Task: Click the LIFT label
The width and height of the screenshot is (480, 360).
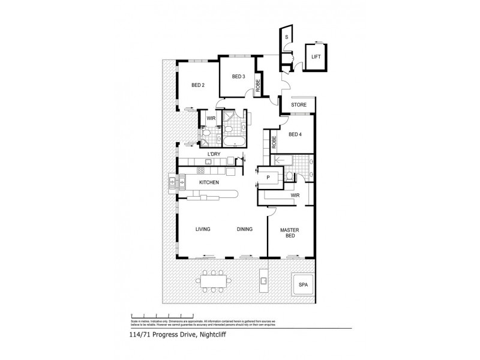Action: (315, 56)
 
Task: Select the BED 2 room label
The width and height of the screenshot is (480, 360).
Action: (198, 85)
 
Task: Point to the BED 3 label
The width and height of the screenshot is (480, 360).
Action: (238, 76)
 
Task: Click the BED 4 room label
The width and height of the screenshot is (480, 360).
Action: (295, 134)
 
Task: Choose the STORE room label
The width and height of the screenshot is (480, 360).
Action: (298, 105)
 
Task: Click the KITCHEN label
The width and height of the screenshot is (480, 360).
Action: (209, 182)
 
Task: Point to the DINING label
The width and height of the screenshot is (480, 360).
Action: (244, 229)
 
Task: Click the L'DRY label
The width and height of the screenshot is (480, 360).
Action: (214, 155)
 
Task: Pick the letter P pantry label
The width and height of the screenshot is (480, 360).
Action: (268, 178)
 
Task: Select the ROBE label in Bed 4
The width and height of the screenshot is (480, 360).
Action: (274, 142)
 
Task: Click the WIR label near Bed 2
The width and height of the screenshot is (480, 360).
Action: (211, 118)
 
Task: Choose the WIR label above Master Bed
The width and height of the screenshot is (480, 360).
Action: (295, 195)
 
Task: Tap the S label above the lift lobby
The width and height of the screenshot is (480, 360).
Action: (287, 37)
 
